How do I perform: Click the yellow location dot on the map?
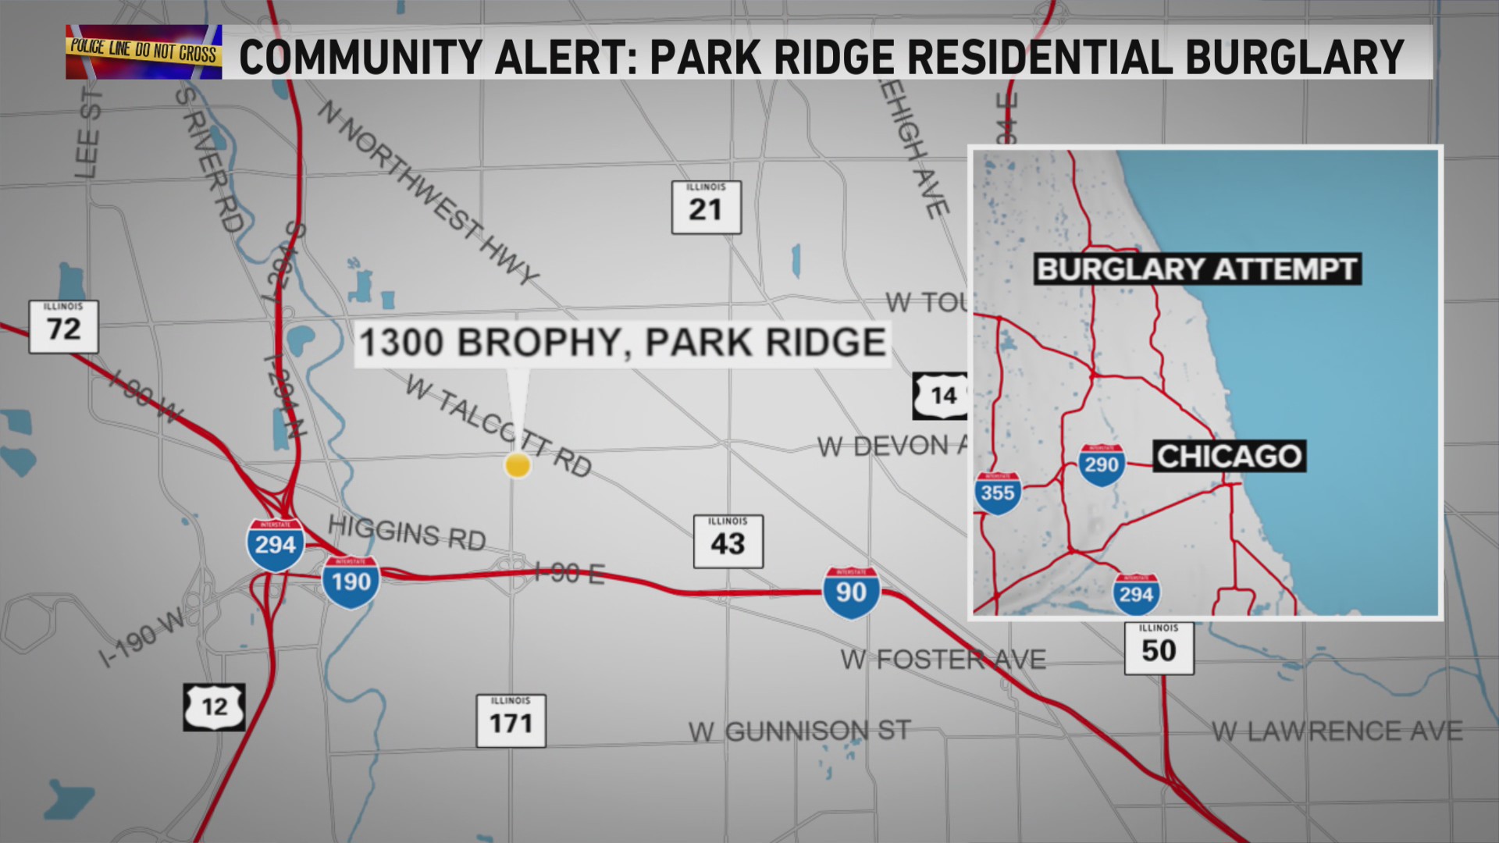(517, 465)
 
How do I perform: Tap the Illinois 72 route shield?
(63, 326)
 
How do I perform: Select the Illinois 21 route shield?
(706, 207)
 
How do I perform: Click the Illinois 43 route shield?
(728, 541)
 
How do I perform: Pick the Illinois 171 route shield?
(511, 720)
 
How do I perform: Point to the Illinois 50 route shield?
(1159, 648)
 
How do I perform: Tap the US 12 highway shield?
(214, 707)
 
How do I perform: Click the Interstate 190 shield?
(351, 582)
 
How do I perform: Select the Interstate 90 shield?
(851, 592)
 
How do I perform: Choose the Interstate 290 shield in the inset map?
(1101, 464)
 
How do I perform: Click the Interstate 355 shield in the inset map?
(998, 493)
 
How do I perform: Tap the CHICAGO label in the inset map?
(1229, 456)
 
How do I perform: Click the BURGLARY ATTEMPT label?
(1197, 269)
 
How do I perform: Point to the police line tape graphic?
(144, 52)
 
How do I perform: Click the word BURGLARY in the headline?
(1294, 56)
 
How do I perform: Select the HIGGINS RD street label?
(407, 532)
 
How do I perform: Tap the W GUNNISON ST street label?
(799, 731)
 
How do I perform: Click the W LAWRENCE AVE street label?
(1337, 731)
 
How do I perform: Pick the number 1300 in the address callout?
(401, 343)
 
